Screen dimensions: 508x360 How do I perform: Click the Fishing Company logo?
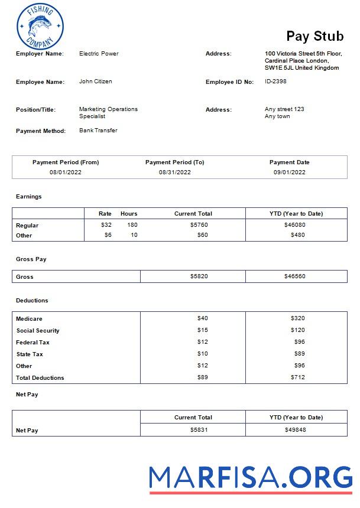[40, 27]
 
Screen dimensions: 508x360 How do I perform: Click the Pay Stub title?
[314, 36]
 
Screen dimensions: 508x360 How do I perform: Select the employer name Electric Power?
[99, 54]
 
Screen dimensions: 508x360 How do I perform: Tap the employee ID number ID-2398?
[275, 82]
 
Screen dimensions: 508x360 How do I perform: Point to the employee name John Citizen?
[95, 82]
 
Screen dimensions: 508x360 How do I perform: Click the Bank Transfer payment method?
[98, 131]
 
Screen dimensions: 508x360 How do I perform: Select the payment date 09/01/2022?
[289, 172]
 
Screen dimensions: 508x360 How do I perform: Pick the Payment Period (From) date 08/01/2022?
[66, 172]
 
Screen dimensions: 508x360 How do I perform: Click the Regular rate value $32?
[106, 225]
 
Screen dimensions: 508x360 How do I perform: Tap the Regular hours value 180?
[132, 225]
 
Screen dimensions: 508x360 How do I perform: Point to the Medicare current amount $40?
[202, 318]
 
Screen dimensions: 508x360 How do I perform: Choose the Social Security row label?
[38, 331]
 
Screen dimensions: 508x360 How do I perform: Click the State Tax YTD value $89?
[299, 354]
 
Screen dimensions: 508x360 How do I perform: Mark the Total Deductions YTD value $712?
[297, 377]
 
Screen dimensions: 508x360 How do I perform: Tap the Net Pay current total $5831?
[199, 430]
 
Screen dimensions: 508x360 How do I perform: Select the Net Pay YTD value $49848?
[295, 430]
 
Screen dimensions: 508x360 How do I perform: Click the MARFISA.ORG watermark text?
[251, 477]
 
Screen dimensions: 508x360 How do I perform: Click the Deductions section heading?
[32, 301]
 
